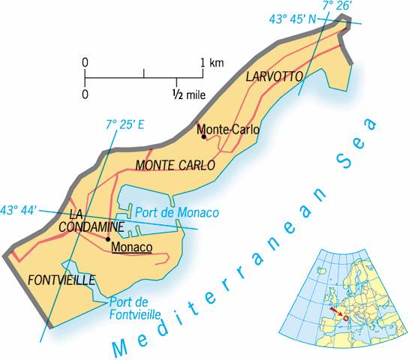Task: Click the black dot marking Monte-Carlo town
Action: point(203,136)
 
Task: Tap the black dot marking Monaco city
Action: point(108,239)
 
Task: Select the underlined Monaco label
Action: point(131,247)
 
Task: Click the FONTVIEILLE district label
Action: point(61,280)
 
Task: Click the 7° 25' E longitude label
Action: point(125,122)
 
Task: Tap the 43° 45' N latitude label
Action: point(293,19)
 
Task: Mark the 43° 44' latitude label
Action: point(19,211)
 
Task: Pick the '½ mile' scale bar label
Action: point(188,94)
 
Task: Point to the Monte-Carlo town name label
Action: point(228,130)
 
